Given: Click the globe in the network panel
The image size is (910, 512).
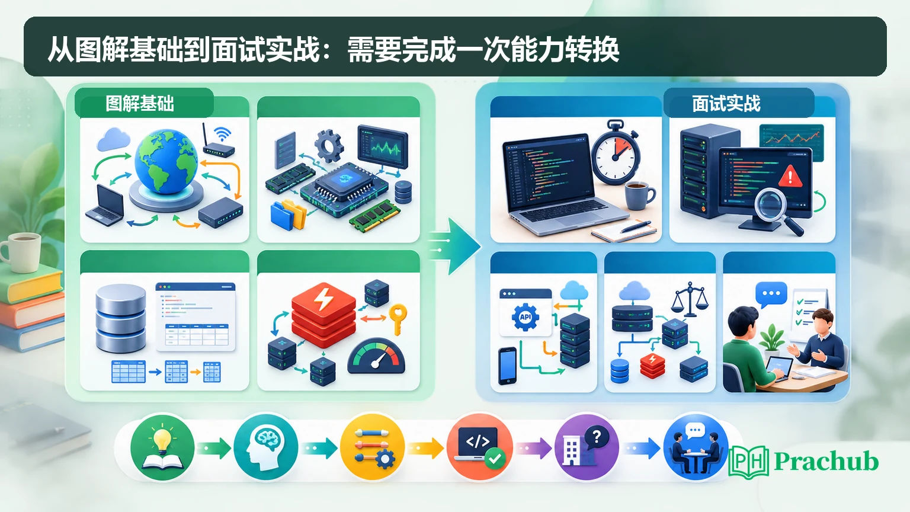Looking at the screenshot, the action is pos(166,161).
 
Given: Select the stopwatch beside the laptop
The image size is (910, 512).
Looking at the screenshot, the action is pos(615,152).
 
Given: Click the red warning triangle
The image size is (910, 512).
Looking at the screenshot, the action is pos(790,176).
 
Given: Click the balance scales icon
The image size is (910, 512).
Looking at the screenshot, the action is pos(690,299).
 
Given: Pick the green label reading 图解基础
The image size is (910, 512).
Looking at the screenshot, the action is pos(140,104).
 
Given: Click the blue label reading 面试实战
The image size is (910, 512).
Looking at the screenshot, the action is pos(726,103).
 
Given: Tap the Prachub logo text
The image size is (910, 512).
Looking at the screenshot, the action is pos(826,461).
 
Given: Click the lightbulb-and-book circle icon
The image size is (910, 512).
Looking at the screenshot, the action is pos(162,447).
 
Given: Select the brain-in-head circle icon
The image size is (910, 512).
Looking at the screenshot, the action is pos(266,447).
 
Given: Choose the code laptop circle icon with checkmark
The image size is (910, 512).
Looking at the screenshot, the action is pos(480,447).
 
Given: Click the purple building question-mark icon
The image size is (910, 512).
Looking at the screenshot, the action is pos(587,447).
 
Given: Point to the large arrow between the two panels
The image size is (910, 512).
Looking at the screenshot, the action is pos(456,246).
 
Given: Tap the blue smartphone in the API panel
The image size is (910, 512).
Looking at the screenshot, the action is pos(507,366).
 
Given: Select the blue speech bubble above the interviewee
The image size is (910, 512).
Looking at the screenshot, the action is pos(771,294).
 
